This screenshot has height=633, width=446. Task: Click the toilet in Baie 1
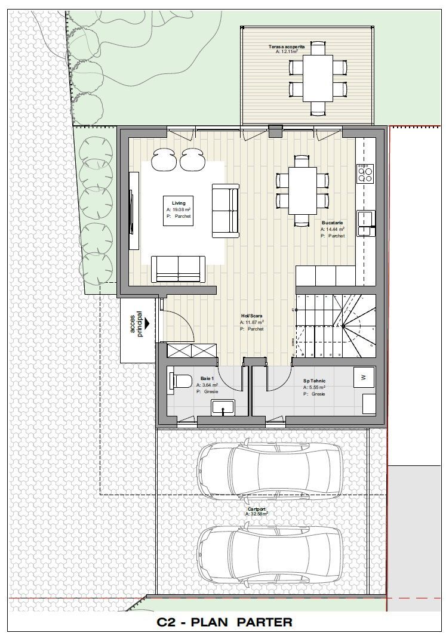(x=181, y=380)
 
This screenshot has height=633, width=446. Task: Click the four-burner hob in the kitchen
(x=364, y=174)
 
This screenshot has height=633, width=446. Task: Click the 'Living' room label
(x=174, y=203)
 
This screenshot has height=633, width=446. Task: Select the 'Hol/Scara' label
(x=251, y=317)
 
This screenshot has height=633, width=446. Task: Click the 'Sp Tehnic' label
(x=314, y=380)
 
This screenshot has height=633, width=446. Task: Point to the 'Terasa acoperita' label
(x=286, y=45)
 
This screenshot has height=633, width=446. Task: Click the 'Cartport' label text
(x=256, y=508)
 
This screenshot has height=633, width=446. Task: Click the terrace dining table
(x=318, y=78)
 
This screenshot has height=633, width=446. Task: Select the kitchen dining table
(x=303, y=190)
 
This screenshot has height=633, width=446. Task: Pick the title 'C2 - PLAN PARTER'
(x=224, y=622)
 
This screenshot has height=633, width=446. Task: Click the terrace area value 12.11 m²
(x=287, y=52)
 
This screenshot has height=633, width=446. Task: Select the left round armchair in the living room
(x=163, y=159)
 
